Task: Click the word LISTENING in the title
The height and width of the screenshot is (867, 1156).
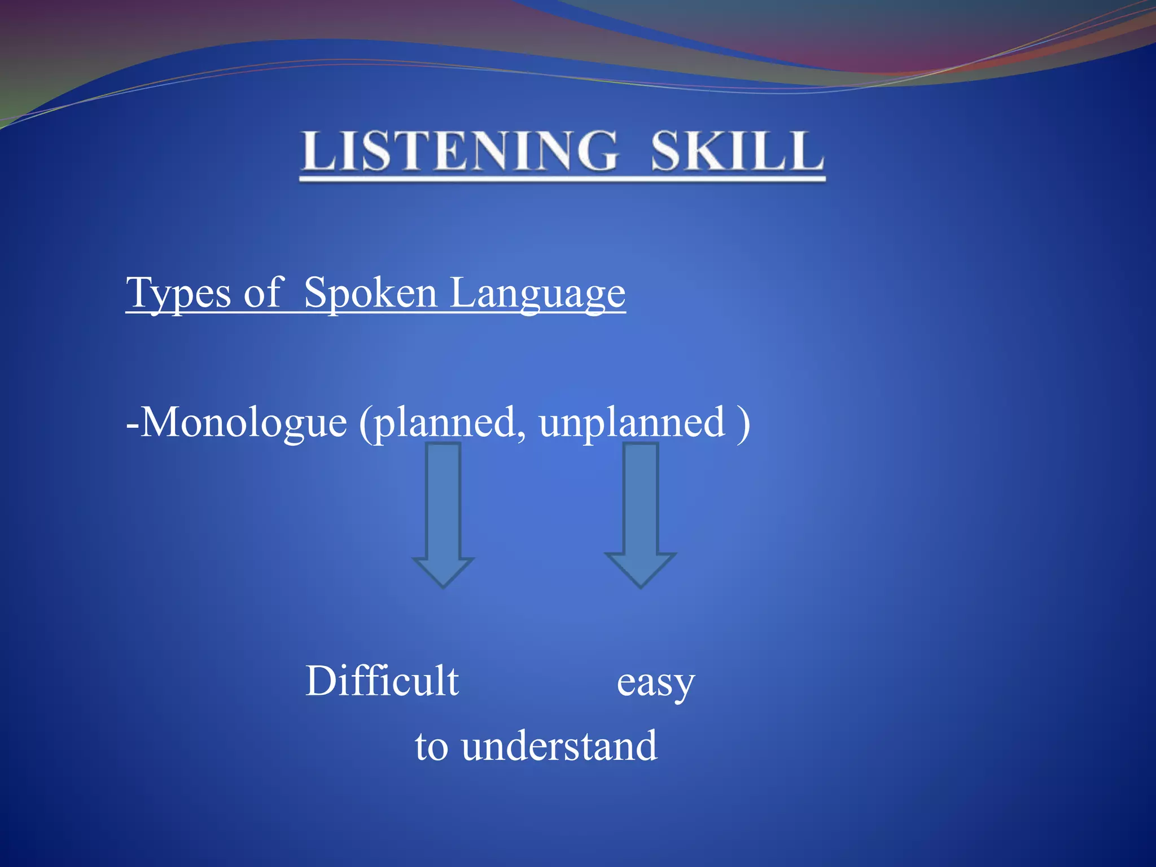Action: point(460,151)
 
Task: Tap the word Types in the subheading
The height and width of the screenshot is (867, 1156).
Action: point(178,294)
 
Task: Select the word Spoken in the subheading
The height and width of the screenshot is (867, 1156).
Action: point(370,294)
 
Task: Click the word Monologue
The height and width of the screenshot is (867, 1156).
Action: point(243,422)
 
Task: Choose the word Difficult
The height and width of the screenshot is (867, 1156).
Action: point(382,681)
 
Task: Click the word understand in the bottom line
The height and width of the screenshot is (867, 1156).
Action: point(559,746)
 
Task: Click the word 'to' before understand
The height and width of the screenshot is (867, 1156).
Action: point(432,747)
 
